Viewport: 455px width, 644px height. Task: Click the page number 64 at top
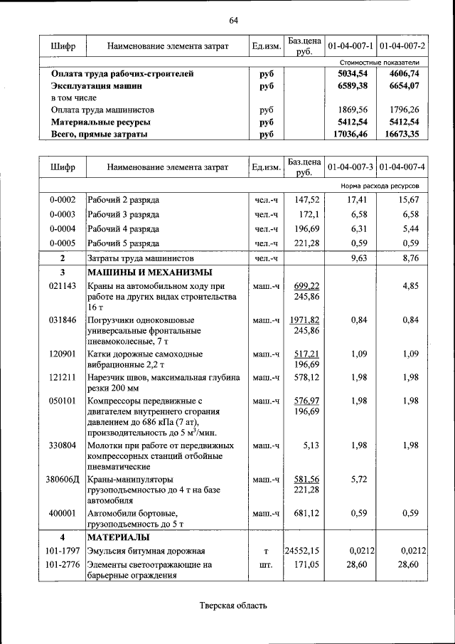(233, 19)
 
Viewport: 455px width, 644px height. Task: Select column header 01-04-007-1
(350, 46)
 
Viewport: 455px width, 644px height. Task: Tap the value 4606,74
(405, 73)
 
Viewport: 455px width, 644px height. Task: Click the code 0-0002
(63, 201)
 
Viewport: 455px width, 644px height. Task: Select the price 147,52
(304, 201)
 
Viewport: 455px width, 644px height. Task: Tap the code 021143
(63, 286)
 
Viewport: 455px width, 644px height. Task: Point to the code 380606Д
(63, 480)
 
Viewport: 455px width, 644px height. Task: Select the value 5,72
(358, 480)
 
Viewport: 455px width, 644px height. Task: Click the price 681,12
(304, 513)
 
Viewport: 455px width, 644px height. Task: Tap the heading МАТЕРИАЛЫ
(118, 537)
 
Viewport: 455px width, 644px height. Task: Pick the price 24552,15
(304, 550)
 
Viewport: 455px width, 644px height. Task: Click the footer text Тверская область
(233, 606)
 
